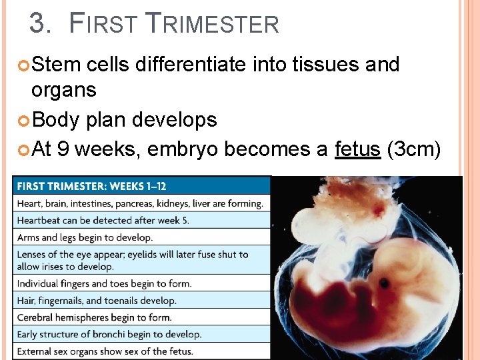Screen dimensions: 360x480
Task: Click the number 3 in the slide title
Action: (39, 24)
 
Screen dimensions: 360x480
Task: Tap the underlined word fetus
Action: (357, 149)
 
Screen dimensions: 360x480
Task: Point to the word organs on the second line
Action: (63, 89)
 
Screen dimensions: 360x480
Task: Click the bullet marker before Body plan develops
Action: (24, 120)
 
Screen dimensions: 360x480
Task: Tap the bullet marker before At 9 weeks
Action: (24, 149)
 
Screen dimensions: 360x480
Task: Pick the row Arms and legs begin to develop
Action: (85, 237)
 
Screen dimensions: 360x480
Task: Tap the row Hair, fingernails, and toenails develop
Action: (97, 301)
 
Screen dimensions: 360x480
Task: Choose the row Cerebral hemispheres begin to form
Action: (94, 317)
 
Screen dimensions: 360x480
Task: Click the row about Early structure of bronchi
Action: (109, 334)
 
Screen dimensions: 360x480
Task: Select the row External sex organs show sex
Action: (105, 351)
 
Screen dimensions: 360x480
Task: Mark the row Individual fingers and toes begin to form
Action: (104, 283)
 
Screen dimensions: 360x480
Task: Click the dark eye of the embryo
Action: (385, 283)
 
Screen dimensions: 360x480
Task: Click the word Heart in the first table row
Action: (28, 203)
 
